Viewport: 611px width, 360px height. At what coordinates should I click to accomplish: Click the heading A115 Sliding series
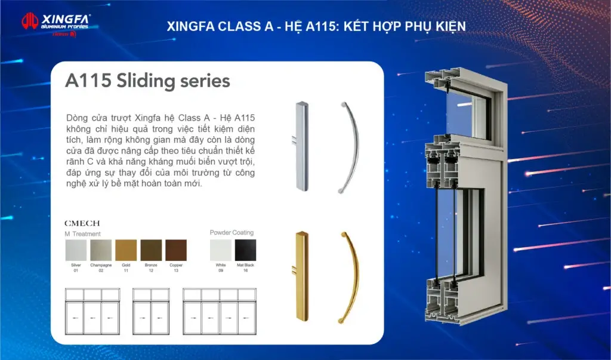click(147, 81)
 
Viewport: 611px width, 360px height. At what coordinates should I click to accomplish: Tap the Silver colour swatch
click(76, 250)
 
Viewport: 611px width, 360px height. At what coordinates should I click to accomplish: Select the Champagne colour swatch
click(101, 250)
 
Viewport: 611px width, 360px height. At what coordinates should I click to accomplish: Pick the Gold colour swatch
click(126, 250)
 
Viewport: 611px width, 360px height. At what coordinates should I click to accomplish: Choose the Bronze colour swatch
click(151, 250)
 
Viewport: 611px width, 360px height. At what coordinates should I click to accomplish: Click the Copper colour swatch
click(176, 250)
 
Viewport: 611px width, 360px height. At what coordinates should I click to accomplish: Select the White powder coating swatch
click(220, 250)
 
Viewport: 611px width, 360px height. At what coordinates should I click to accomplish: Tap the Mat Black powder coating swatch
click(245, 250)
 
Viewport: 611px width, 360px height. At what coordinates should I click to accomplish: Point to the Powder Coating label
click(232, 232)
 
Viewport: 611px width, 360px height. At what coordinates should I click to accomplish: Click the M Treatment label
click(83, 234)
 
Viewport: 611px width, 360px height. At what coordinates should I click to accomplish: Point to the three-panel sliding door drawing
click(92, 312)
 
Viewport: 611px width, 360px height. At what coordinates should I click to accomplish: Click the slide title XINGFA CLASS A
click(316, 26)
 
